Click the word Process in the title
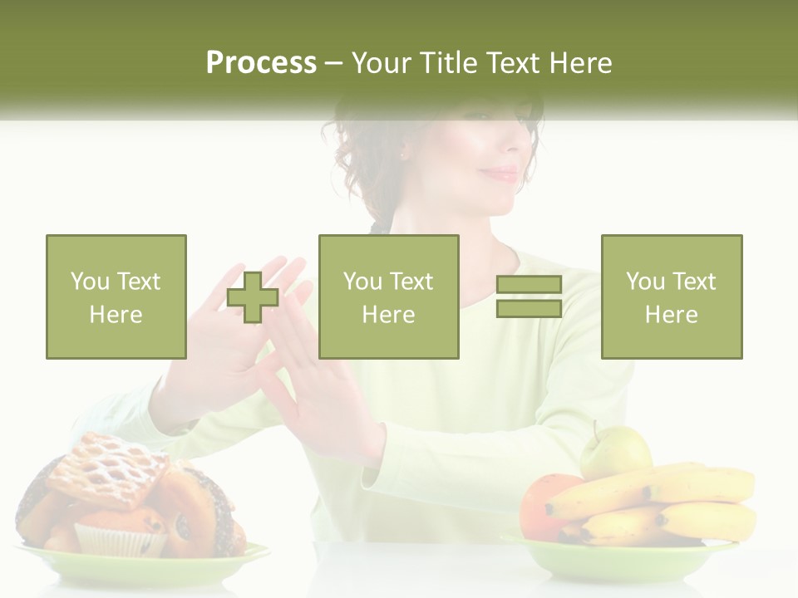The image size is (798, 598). tap(261, 63)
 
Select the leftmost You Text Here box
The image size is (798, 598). tap(116, 297)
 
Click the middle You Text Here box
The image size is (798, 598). tap(389, 297)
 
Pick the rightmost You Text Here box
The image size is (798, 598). tap(672, 297)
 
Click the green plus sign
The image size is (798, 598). tap(253, 297)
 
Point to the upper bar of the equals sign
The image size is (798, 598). tap(529, 285)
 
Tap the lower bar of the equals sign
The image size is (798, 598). tap(529, 309)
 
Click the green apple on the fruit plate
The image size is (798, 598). tap(615, 452)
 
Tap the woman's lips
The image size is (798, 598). tap(501, 174)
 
